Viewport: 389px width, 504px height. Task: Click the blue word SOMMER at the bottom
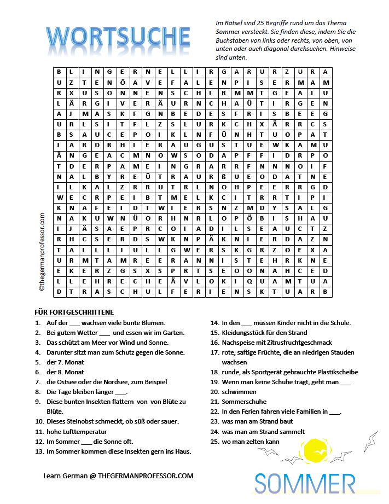coord(305,484)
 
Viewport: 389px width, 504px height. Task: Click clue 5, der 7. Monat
coord(65,362)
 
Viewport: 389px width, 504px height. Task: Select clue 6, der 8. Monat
coord(65,372)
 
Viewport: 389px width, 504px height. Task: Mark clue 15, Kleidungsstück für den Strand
coord(264,333)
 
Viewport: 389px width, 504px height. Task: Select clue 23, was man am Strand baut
coord(257,421)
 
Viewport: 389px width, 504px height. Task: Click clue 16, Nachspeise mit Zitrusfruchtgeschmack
coord(277,343)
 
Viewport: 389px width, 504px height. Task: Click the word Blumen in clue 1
coord(153,323)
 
